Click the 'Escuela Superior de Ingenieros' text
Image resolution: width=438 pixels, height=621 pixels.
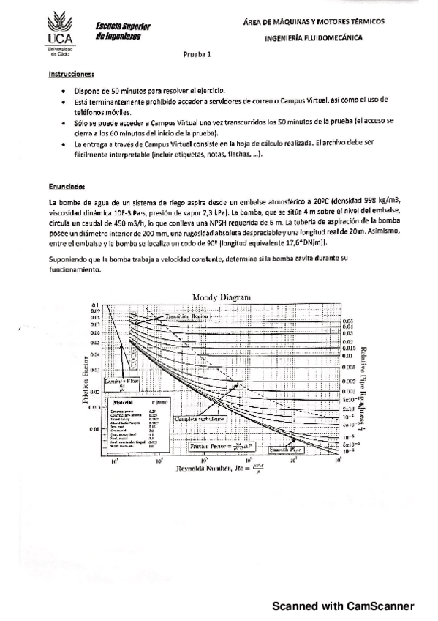[122, 30]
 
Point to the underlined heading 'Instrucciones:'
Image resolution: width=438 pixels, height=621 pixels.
[71, 74]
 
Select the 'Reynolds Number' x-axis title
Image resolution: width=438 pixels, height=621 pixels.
[220, 468]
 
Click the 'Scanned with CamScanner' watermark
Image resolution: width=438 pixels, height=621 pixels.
[343, 606]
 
